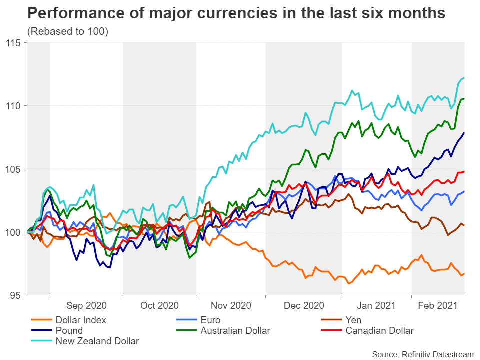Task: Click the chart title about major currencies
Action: pos(236,13)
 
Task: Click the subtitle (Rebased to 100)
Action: pos(68,32)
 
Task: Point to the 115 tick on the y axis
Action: pos(16,43)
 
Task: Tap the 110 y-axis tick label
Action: pos(16,106)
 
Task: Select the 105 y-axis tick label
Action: pos(16,169)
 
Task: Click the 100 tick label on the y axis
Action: pos(16,232)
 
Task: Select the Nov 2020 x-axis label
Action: pos(231,305)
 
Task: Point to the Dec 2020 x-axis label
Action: pos(304,305)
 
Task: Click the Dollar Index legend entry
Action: pos(81,320)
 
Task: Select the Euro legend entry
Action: pos(210,320)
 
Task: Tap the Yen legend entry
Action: pos(353,320)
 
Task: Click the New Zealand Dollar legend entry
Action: pos(97,341)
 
